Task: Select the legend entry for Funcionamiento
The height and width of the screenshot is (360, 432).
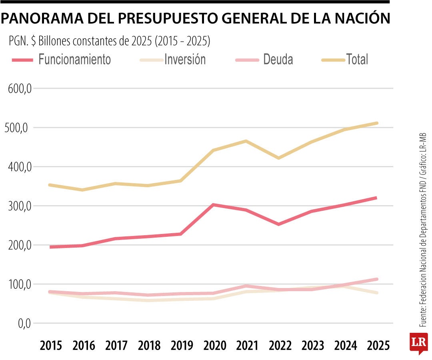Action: click(74, 60)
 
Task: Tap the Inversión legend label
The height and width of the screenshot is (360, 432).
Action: click(185, 60)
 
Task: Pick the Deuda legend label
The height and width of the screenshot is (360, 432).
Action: click(278, 60)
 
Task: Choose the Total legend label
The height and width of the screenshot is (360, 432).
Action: click(357, 60)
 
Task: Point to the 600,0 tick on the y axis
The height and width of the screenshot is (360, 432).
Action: click(20, 89)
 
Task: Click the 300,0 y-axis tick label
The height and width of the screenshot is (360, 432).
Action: click(20, 206)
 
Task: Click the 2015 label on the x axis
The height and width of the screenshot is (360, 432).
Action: click(51, 345)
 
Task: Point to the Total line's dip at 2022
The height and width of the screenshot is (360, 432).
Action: click(278, 158)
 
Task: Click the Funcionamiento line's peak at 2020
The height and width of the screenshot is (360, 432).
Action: click(214, 205)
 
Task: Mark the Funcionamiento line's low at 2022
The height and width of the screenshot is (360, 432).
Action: click(278, 224)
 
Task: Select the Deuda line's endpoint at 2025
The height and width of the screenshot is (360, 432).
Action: click(376, 279)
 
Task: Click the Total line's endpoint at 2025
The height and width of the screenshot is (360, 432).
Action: click(376, 123)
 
